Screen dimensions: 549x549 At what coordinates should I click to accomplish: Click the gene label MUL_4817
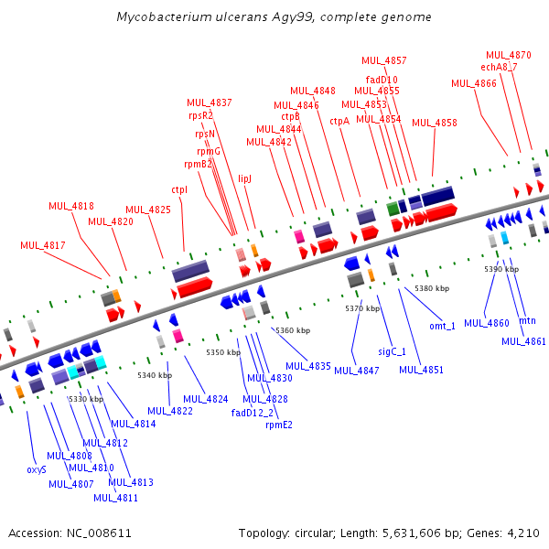coord(43,245)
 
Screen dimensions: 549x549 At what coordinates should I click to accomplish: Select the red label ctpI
coord(179,190)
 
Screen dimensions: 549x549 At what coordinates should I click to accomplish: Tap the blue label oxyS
coord(37,469)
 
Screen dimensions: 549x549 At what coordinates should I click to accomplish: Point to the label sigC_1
coord(392,351)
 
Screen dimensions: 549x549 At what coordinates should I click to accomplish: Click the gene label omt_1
coord(442,326)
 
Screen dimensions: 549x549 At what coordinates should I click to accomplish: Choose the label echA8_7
coord(499,67)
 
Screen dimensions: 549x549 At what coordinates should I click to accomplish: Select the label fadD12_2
coord(253,412)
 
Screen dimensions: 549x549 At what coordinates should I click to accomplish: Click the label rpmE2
coord(279,425)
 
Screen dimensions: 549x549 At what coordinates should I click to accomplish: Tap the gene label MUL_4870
coord(508,55)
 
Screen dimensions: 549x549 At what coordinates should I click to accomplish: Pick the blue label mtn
coord(527,321)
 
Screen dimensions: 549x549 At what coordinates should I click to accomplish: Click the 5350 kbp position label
coord(222,352)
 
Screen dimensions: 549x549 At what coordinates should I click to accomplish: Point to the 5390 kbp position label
coord(501,269)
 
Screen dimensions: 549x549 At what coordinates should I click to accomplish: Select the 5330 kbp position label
coord(86,399)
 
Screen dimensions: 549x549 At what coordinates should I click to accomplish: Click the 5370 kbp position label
coord(362,308)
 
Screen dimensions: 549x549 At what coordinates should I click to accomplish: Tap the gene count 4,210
coord(528,533)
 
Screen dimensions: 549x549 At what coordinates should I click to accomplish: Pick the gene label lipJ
coord(244,179)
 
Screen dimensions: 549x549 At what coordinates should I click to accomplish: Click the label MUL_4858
coord(435,123)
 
